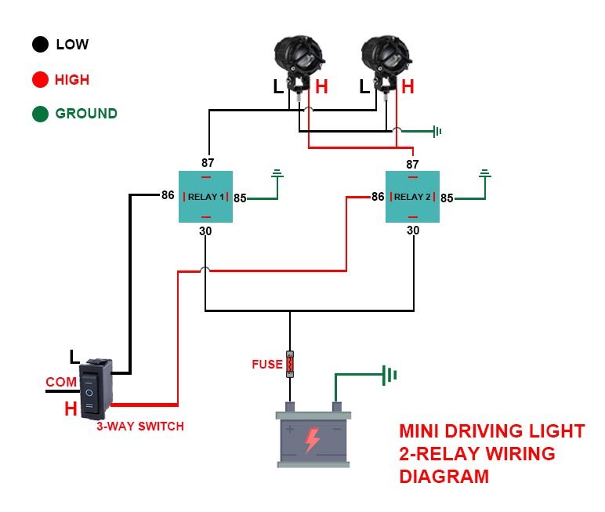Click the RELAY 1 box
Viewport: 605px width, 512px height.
pyautogui.click(x=205, y=197)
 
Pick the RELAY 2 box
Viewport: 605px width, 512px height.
pyautogui.click(x=412, y=197)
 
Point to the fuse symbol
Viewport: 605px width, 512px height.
pyautogui.click(x=290, y=364)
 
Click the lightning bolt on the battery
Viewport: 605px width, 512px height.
pyautogui.click(x=312, y=441)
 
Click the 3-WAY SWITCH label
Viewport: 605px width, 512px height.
pyautogui.click(x=140, y=427)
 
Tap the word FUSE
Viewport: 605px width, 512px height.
pyautogui.click(x=266, y=365)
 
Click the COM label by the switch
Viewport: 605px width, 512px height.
pyautogui.click(x=61, y=382)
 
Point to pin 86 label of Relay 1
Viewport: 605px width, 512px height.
pyautogui.click(x=168, y=195)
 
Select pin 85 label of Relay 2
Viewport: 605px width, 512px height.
pyautogui.click(x=447, y=198)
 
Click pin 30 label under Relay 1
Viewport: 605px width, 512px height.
pyautogui.click(x=205, y=231)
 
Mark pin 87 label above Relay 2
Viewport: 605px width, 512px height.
pyautogui.click(x=412, y=164)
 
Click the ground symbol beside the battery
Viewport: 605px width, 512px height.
pyautogui.click(x=389, y=375)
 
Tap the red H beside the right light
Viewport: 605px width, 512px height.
pyautogui.click(x=408, y=87)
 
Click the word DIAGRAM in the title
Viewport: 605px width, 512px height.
pyautogui.click(x=444, y=476)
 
